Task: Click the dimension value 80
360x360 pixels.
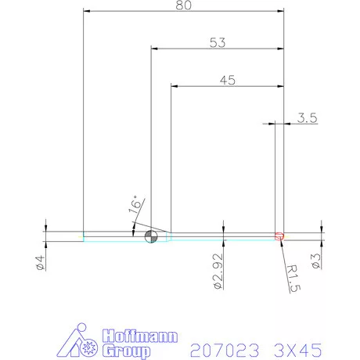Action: (184, 5)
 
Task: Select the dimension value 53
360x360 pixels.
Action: (218, 44)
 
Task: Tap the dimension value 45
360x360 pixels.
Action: (227, 80)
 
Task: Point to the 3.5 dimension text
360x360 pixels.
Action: (307, 118)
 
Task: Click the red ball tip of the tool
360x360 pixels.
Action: (279, 236)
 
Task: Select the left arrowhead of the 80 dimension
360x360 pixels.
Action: (87, 11)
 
